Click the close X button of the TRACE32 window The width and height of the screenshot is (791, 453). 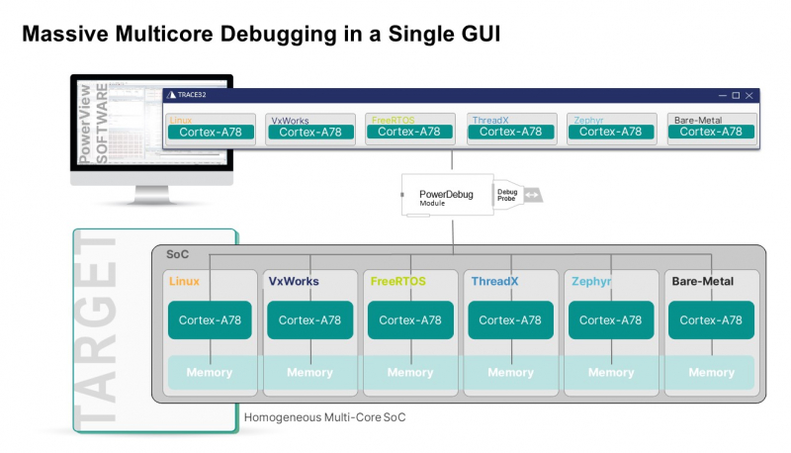coord(748,95)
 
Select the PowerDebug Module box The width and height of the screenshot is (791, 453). coord(446,195)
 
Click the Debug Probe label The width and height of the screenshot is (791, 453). coord(506,195)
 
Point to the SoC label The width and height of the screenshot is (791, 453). coord(177,256)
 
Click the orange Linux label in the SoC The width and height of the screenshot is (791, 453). coord(184,282)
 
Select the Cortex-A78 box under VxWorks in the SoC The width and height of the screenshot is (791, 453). coord(309,320)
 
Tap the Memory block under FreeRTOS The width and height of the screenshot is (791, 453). coord(410,373)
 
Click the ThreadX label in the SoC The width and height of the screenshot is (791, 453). coord(494,282)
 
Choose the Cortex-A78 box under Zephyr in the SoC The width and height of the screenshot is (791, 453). coord(611,320)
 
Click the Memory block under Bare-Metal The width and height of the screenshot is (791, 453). coord(711,373)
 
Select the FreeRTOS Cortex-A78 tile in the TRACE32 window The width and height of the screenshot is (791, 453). coord(409,132)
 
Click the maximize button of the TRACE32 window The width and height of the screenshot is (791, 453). coord(735,95)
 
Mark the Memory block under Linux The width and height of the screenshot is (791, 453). coord(210,373)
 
